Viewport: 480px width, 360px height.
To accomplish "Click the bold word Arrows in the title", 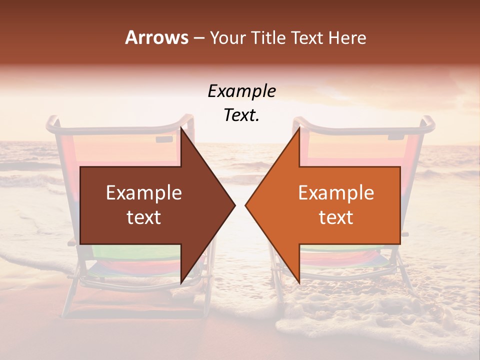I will pos(157,37).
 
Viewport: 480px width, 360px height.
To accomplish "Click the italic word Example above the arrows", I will pos(242,91).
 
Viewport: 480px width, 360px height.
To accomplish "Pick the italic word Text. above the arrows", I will pos(242,115).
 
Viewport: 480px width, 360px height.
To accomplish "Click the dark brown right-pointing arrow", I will pos(150,205).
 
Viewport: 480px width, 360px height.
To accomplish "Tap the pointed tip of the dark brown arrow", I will pos(234,205).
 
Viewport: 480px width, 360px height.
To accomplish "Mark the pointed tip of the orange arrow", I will pos(246,205).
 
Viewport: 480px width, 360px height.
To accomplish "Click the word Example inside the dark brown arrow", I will pos(144,193).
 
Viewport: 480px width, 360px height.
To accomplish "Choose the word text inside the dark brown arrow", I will pos(144,217).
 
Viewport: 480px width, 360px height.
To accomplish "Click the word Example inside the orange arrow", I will pos(336,193).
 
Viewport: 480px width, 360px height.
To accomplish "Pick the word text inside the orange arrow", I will pos(336,217).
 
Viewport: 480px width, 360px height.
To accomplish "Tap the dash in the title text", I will pos(198,38).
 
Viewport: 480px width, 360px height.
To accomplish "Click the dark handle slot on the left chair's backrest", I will pos(164,138).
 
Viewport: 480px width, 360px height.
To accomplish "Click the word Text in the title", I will pos(308,37).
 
